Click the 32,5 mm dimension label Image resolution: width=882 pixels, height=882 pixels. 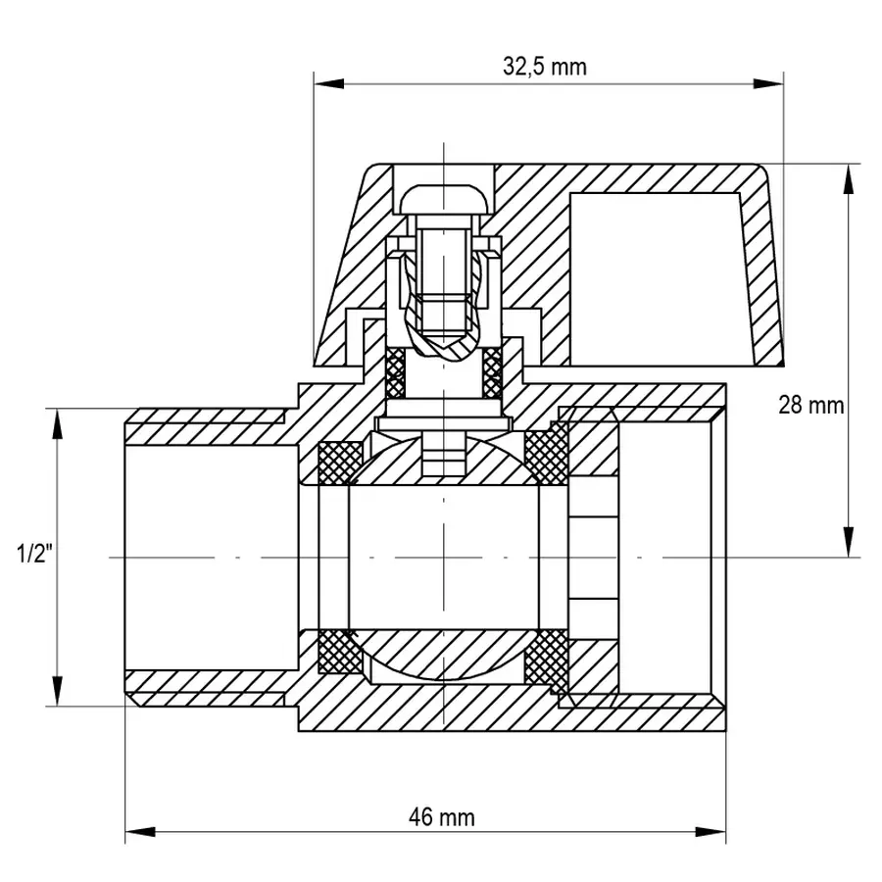[x=545, y=67]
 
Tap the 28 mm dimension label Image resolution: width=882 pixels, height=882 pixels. [x=811, y=405]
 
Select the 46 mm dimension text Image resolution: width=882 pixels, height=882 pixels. [x=442, y=817]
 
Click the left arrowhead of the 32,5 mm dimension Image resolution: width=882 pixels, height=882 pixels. [x=329, y=84]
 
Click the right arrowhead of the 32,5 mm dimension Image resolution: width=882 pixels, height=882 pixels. [x=768, y=84]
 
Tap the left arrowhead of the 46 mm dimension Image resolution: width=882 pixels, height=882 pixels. [x=140, y=832]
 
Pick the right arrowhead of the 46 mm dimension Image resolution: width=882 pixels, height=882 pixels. [x=710, y=832]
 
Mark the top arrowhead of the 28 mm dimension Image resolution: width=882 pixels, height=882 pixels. [x=849, y=179]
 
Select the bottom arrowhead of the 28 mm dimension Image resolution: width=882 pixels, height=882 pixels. [x=849, y=542]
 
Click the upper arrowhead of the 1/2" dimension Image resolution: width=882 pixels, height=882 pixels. [x=57, y=423]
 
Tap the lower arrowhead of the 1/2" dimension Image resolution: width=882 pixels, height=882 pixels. [x=57, y=691]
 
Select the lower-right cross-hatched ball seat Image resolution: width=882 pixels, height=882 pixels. [x=546, y=660]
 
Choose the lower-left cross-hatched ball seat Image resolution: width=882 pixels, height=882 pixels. [x=340, y=651]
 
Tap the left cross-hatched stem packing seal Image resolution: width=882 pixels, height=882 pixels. [x=396, y=372]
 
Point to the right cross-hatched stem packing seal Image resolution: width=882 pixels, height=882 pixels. [x=492, y=372]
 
